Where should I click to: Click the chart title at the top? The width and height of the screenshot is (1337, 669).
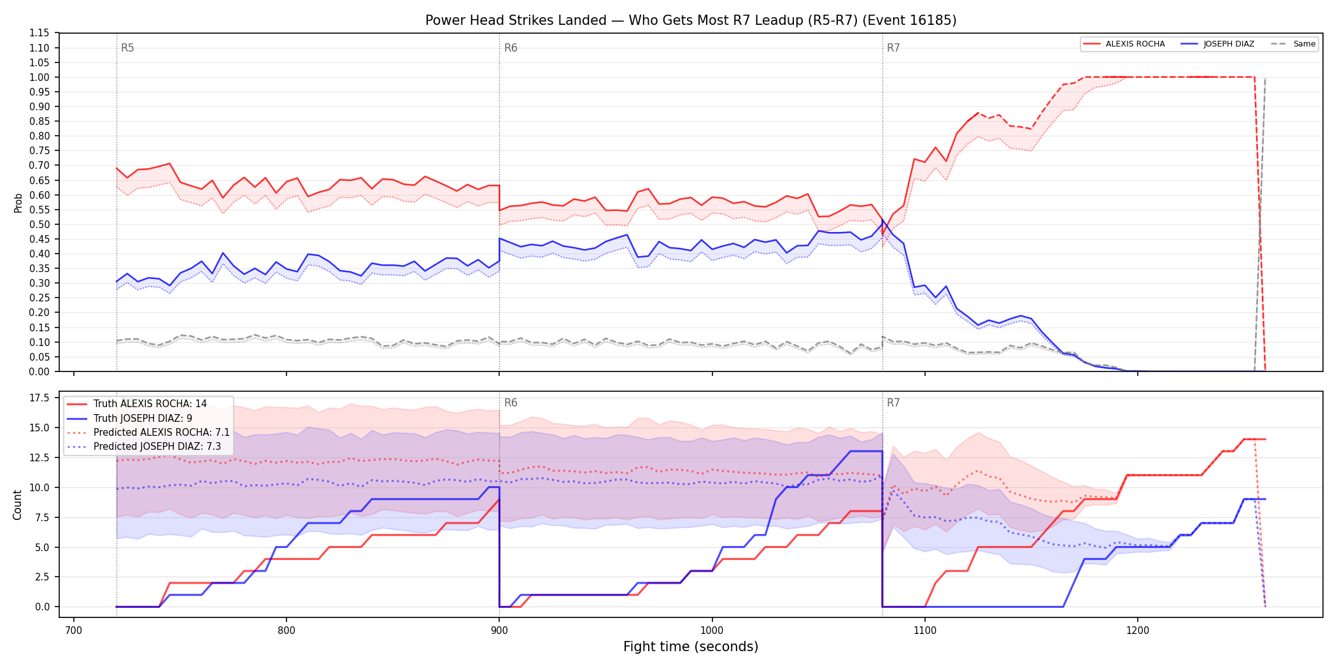691,20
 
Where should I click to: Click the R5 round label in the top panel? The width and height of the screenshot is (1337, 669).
127,48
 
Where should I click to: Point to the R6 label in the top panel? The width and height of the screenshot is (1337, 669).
511,48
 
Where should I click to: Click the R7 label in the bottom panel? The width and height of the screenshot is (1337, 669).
893,403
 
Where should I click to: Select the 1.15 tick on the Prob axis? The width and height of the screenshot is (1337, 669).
39,33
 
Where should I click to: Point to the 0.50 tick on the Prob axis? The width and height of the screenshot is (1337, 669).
39,224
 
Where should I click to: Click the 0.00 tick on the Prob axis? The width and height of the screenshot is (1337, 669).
39,371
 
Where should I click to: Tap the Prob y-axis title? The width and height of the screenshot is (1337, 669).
18,203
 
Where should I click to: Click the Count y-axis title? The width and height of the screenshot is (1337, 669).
17,505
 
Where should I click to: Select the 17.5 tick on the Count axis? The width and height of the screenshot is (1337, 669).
39,398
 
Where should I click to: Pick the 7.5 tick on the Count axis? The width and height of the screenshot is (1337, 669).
42,517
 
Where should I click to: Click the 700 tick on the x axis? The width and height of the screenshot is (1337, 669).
74,630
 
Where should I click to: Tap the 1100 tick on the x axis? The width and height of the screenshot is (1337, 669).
924,630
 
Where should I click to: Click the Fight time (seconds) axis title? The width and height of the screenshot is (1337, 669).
691,647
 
